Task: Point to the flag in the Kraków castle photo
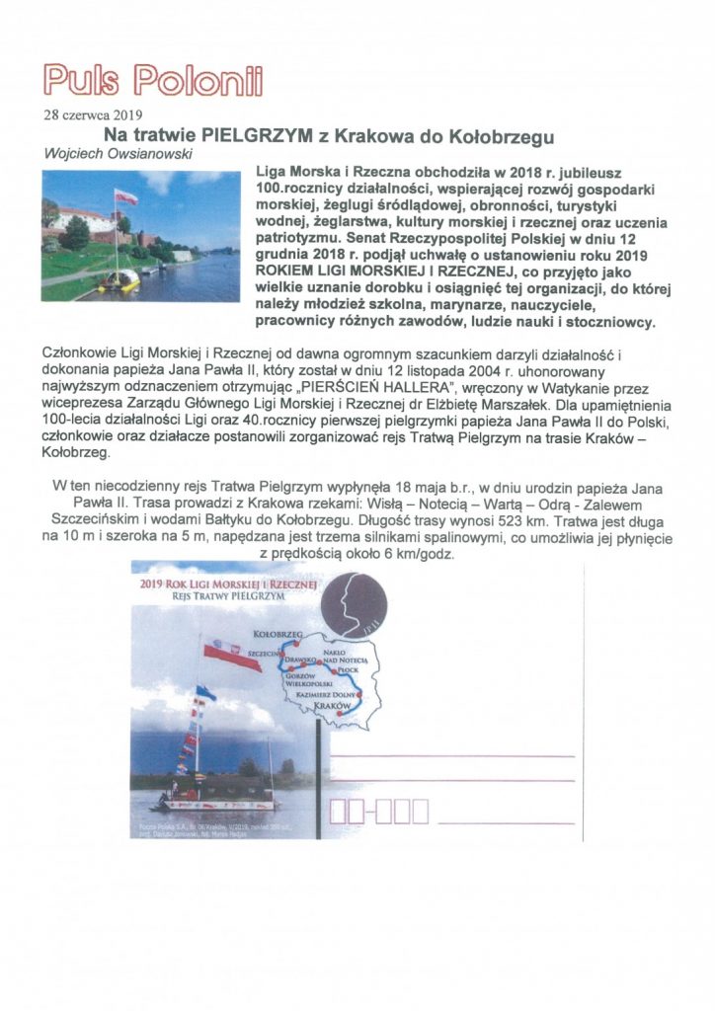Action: coord(125,197)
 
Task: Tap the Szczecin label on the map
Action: coord(263,654)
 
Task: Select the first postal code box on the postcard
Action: coord(338,812)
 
